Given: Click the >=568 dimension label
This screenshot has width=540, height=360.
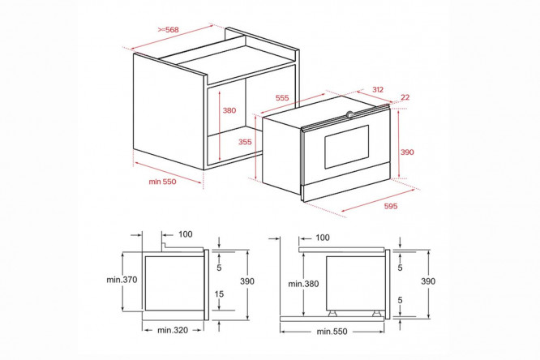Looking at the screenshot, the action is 169,30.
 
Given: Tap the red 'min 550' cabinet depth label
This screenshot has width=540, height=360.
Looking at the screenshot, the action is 162,182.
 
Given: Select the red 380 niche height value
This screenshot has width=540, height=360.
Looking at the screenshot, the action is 229,110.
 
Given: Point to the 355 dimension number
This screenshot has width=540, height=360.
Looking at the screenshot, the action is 245,142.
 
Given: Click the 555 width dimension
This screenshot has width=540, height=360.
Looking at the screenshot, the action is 282,98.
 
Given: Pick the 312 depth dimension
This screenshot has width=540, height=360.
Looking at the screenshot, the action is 378,89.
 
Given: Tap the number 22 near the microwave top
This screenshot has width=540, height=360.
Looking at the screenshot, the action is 405,97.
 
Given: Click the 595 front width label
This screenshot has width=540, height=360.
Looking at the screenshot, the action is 391,207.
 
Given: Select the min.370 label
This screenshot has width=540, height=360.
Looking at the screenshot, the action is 122,280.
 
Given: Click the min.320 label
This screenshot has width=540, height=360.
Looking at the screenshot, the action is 173,330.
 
